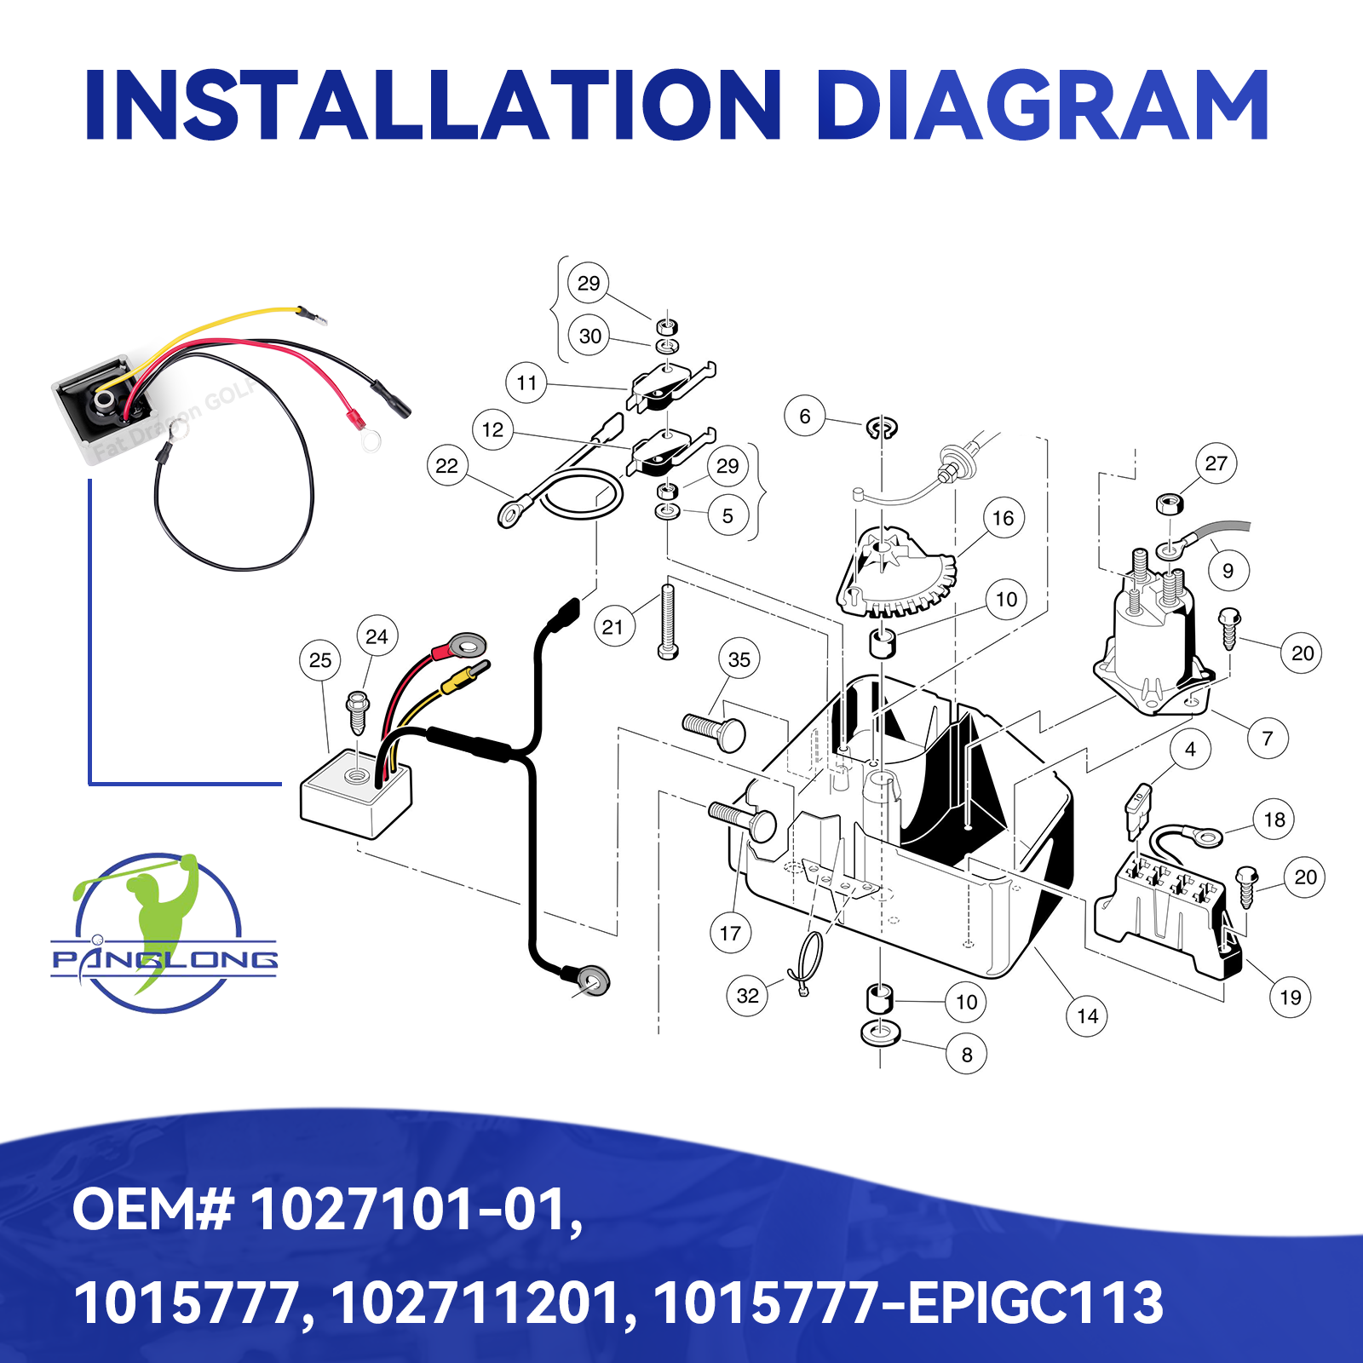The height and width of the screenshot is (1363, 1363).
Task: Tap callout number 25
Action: (320, 660)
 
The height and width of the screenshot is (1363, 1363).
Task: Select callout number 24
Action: (377, 636)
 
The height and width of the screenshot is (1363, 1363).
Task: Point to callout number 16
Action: (1004, 518)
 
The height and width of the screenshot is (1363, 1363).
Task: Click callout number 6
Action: (805, 417)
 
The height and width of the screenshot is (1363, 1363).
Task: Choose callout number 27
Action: (1216, 463)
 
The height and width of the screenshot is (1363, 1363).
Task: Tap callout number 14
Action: (1088, 1016)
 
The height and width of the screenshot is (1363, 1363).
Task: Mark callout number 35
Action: (739, 659)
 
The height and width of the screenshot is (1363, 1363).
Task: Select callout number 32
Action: (747, 996)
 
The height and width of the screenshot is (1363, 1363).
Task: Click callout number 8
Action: (967, 1055)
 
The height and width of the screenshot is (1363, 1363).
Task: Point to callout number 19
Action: (1291, 998)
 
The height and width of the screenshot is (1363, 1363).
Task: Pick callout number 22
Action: (447, 466)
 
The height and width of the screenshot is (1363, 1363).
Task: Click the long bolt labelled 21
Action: (669, 621)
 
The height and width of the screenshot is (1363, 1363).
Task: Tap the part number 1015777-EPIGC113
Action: (908, 1303)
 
